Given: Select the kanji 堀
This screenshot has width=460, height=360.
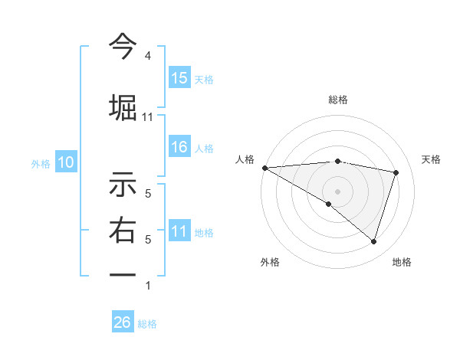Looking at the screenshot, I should pyautogui.click(x=123, y=106).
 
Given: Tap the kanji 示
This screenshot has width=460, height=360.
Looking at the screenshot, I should pyautogui.click(x=123, y=186).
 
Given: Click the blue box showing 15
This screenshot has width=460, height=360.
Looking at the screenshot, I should pyautogui.click(x=179, y=78).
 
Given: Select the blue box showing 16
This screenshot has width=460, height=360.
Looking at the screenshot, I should pyautogui.click(x=179, y=148).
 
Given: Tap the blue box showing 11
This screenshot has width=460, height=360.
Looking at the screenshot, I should pyautogui.click(x=179, y=232).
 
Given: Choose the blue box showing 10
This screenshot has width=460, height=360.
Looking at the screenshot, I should pyautogui.click(x=66, y=162).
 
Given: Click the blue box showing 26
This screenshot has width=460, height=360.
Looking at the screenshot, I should pyautogui.click(x=123, y=322).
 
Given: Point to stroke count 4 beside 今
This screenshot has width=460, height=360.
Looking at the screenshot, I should pyautogui.click(x=148, y=56).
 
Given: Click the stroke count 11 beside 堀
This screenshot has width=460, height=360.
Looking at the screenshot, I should pyautogui.click(x=148, y=117).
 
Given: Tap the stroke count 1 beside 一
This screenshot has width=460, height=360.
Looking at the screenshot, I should pyautogui.click(x=148, y=286).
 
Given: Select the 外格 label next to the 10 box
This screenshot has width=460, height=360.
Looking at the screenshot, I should pyautogui.click(x=41, y=163).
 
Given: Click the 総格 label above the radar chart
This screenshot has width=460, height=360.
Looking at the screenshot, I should pyautogui.click(x=338, y=100).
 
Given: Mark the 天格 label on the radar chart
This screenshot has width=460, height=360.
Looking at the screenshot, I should pyautogui.click(x=432, y=159).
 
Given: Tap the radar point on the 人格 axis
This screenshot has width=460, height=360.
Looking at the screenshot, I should pyautogui.click(x=264, y=168).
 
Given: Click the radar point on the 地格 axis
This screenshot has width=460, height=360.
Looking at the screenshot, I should pyautogui.click(x=373, y=241).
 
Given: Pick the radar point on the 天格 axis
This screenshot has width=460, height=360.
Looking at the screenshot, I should pyautogui.click(x=396, y=172).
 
